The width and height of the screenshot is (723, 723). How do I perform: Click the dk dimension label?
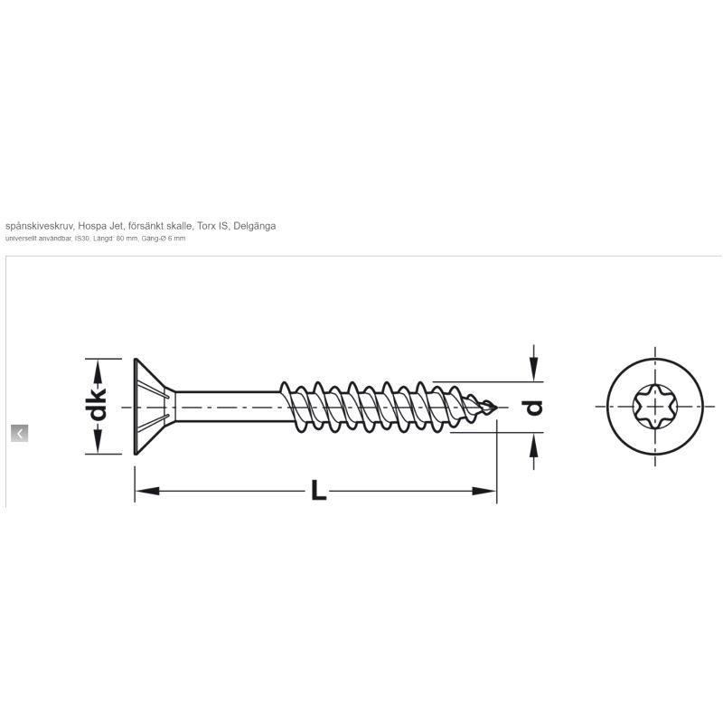pos(98,405)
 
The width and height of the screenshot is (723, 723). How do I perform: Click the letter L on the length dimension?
pos(318,490)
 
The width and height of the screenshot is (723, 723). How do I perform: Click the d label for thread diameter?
pos(534,408)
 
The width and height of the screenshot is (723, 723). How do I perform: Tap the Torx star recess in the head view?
pos(654,406)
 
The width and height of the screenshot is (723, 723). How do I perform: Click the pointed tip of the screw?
pos(496,408)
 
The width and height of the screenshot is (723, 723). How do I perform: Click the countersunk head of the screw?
pos(152,406)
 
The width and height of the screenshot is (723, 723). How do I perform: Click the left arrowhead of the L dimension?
pos(147,491)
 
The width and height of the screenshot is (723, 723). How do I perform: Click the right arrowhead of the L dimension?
pos(484,491)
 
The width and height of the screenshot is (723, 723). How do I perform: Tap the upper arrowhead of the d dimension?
pos(533,370)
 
